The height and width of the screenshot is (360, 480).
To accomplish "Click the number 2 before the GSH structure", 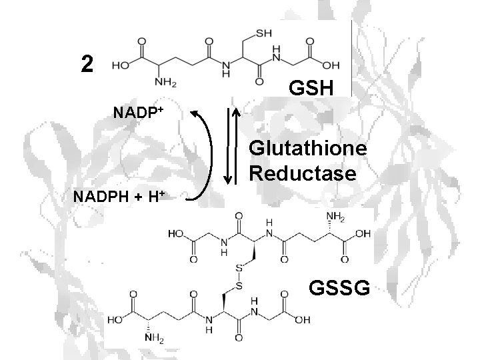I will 86,63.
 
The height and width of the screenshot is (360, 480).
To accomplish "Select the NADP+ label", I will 136,110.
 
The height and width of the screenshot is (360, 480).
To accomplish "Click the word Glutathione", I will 308,149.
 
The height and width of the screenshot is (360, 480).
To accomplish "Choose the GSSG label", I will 339,287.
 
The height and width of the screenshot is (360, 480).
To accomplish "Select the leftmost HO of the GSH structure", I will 121,67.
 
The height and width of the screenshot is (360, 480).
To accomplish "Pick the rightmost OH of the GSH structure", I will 329,67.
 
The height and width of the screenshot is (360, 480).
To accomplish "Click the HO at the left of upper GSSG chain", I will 177,235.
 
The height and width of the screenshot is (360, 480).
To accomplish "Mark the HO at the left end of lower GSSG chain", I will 117,319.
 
